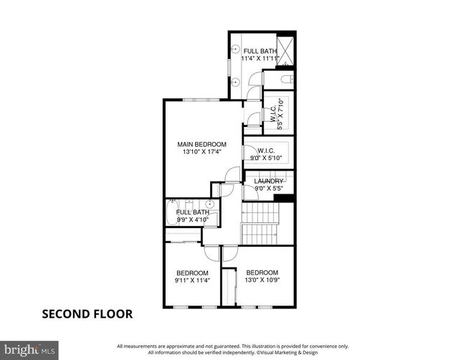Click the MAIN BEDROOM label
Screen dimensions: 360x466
point(201,144)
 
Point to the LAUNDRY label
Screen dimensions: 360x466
point(269,181)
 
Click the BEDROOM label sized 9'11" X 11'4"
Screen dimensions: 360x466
point(192,273)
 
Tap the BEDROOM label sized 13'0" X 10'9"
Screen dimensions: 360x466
point(262,273)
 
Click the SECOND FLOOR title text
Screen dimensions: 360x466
point(87,314)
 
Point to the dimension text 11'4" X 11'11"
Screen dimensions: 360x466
point(261,60)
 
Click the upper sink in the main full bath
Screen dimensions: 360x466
point(236,49)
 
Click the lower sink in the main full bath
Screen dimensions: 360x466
point(236,82)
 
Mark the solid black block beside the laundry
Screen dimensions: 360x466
point(285,199)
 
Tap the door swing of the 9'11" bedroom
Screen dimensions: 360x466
point(211,253)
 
